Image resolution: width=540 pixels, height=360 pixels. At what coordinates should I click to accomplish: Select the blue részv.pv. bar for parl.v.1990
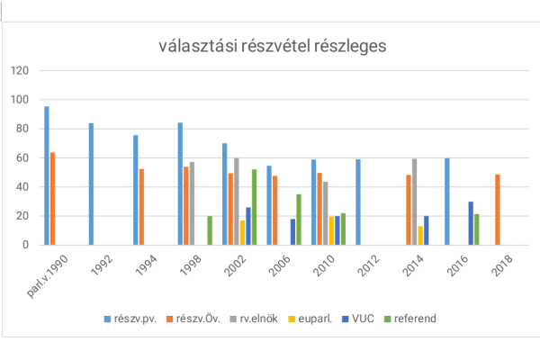[x=47, y=175]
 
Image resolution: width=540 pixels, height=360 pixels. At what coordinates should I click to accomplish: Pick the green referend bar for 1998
[x=210, y=230]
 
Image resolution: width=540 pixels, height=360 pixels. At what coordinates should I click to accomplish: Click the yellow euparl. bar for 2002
[x=242, y=232]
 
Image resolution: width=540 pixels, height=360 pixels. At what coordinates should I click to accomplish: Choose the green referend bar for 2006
[x=298, y=220]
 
